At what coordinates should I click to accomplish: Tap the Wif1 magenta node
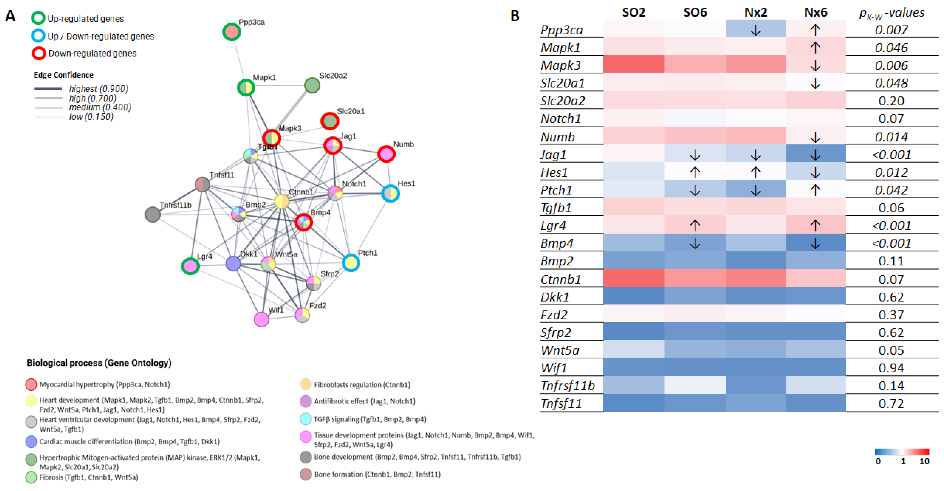click(x=261, y=319)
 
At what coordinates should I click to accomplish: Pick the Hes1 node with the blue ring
click(x=390, y=193)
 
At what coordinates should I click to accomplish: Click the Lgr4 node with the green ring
click(x=190, y=266)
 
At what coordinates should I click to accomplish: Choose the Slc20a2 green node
click(x=312, y=85)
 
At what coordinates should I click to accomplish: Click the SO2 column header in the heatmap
click(x=634, y=12)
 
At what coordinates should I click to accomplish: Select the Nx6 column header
click(x=815, y=12)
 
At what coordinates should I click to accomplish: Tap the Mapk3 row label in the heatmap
click(x=561, y=65)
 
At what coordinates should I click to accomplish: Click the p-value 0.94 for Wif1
click(x=891, y=368)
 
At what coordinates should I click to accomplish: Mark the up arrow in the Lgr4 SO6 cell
click(x=695, y=225)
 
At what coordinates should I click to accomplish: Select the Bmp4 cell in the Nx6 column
click(x=815, y=243)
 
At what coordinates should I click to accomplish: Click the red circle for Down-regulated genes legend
click(x=38, y=54)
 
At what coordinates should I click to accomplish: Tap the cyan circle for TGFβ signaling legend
click(x=306, y=419)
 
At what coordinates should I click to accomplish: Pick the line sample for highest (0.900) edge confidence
click(x=48, y=89)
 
